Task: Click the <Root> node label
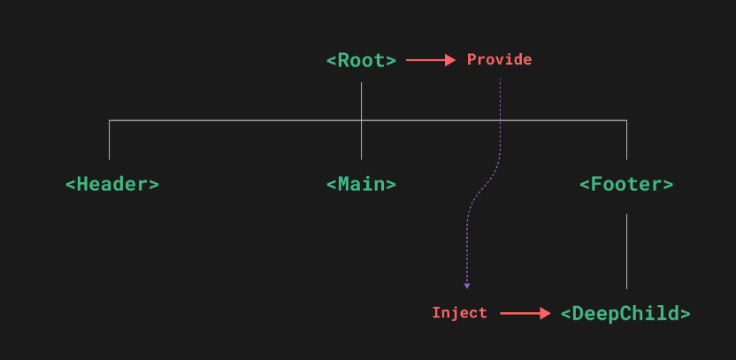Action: pos(361,60)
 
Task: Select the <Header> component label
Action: pos(112,184)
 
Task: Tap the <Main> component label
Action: pos(361,184)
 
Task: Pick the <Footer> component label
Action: pos(626,184)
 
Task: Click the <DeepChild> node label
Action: pos(625,313)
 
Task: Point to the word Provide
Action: pos(499,60)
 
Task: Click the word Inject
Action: pos(459,313)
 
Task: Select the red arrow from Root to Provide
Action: pos(430,60)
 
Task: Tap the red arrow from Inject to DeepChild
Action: pos(525,313)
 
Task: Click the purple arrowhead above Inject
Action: pos(467,285)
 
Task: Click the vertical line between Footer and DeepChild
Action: pos(626,251)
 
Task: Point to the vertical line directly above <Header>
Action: pos(109,140)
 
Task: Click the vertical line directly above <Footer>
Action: pos(626,140)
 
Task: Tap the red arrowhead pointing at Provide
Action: pos(449,60)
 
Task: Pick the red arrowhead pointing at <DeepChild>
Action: pos(545,313)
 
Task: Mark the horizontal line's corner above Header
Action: pos(109,120)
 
